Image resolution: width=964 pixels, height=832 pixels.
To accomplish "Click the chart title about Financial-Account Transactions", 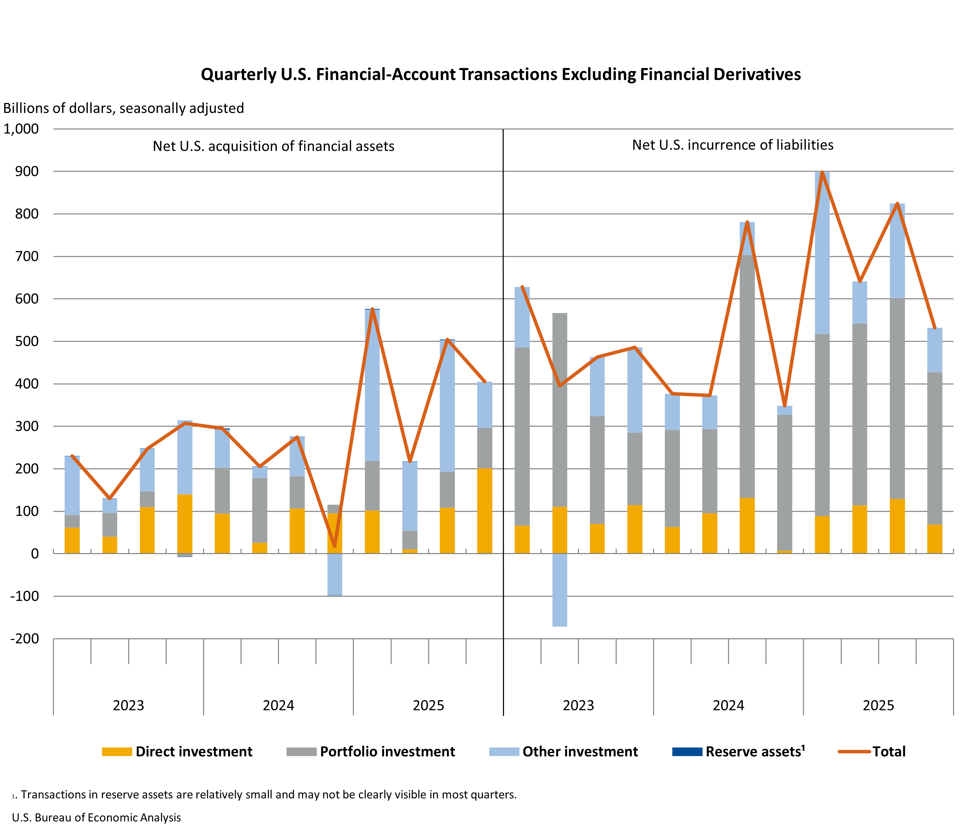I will (501, 75).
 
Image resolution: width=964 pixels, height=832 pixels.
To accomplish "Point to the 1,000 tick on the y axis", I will (21, 129).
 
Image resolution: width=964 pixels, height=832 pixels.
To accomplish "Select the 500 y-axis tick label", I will (27, 341).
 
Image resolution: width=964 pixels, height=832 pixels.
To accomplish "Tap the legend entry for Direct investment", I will (193, 752).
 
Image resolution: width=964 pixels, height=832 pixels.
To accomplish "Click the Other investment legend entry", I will (580, 752).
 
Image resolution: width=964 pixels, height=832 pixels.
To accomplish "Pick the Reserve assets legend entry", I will (755, 752).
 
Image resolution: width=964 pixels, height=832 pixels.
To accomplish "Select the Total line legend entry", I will (889, 752).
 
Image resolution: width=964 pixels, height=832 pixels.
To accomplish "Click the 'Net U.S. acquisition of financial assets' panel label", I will (273, 146).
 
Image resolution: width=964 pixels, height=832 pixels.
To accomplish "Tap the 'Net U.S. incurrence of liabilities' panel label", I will (732, 145).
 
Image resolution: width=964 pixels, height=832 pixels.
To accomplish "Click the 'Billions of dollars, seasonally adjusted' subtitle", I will (124, 108).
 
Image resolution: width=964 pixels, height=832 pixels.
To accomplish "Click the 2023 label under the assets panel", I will (128, 706).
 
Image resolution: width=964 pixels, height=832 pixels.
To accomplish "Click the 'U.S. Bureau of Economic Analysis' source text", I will (96, 818).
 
